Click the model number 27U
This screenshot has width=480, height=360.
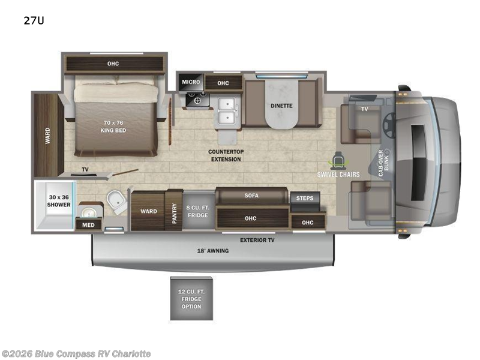click(x=34, y=20)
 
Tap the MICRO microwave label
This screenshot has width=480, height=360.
click(x=191, y=82)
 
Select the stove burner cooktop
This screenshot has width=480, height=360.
click(x=197, y=100)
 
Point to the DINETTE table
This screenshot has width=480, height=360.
click(x=281, y=106)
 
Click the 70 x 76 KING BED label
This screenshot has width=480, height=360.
click(x=113, y=127)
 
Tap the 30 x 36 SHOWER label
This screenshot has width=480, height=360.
click(x=59, y=201)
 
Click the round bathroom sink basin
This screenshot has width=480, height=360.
click(x=89, y=212)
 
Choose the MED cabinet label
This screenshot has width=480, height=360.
click(x=88, y=225)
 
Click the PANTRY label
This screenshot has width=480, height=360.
click(x=174, y=213)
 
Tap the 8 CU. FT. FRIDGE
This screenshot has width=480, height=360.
click(x=198, y=211)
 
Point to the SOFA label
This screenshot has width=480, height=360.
click(x=251, y=196)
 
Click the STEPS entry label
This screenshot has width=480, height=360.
click(x=305, y=198)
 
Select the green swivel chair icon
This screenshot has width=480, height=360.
click(x=337, y=160)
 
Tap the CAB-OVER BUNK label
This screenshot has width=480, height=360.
click(x=383, y=163)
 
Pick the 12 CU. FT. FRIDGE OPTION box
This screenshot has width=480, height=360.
click(x=191, y=298)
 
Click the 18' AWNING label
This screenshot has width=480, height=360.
click(x=213, y=251)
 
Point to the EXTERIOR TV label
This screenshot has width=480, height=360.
click(x=257, y=240)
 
